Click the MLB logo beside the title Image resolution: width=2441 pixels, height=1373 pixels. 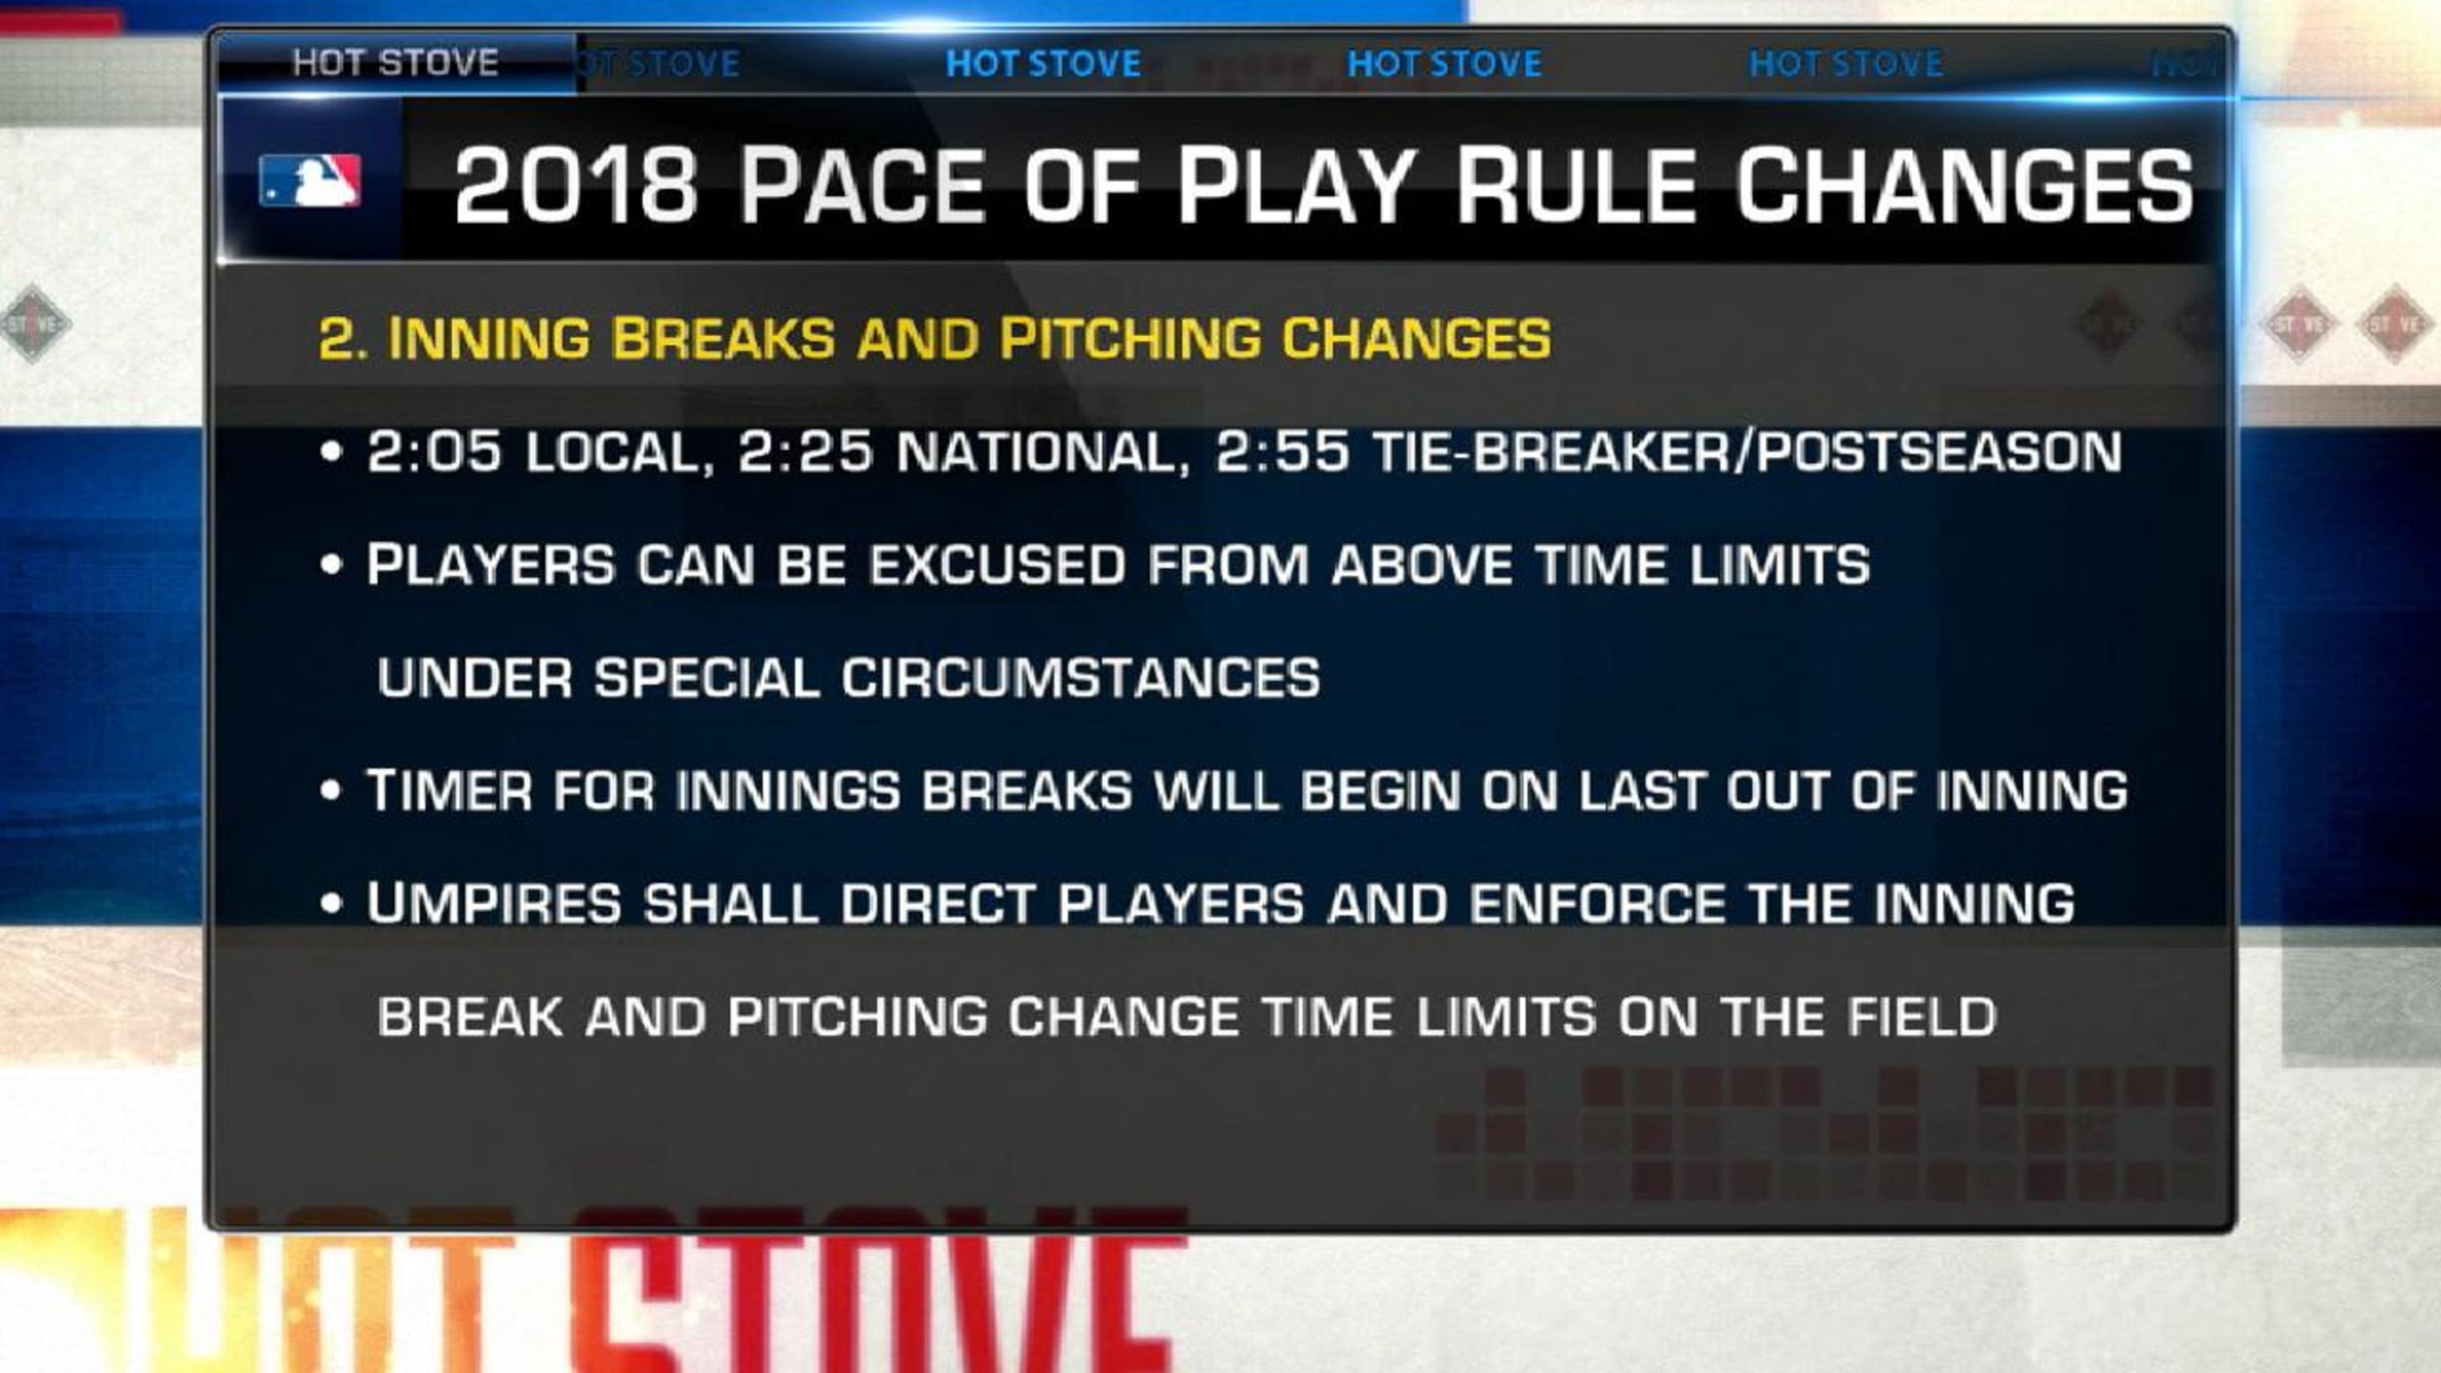click(x=309, y=180)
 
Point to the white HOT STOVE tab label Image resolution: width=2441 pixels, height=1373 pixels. click(x=395, y=64)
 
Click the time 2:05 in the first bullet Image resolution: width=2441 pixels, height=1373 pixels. click(x=433, y=452)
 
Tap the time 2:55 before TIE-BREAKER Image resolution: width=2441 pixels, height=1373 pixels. click(x=1281, y=452)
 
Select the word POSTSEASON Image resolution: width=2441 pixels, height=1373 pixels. click(x=1939, y=452)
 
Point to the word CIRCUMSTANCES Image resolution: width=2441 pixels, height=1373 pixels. click(x=1081, y=679)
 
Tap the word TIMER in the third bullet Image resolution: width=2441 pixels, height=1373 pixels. click(x=449, y=791)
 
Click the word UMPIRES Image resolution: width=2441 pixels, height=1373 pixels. click(x=493, y=904)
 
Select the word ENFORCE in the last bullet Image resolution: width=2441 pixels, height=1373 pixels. click(x=1598, y=904)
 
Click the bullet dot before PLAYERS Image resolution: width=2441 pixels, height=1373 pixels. click(x=331, y=566)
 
